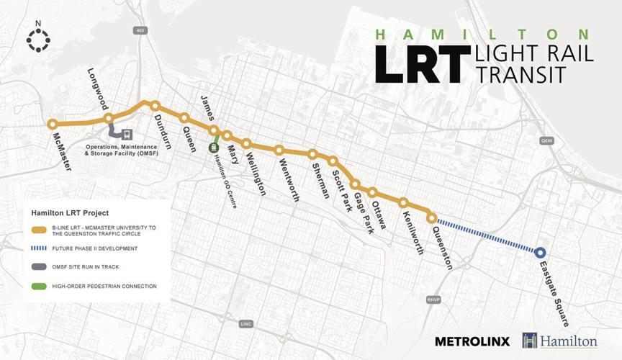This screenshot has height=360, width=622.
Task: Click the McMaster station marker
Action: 53,124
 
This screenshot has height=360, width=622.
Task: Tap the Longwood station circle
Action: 109,118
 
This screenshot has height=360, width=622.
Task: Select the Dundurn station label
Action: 163,130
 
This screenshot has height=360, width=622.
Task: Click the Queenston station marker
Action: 431,217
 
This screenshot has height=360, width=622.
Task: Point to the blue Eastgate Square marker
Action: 540,252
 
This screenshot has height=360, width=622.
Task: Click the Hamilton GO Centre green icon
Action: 214,148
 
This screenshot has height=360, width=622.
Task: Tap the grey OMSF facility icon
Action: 127,134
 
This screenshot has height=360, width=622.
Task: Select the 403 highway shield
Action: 140,30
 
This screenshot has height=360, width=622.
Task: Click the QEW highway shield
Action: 546,142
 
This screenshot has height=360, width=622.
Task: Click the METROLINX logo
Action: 472,341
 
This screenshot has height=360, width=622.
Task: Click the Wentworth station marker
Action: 279,150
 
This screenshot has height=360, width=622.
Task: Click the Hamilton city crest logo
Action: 531,340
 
